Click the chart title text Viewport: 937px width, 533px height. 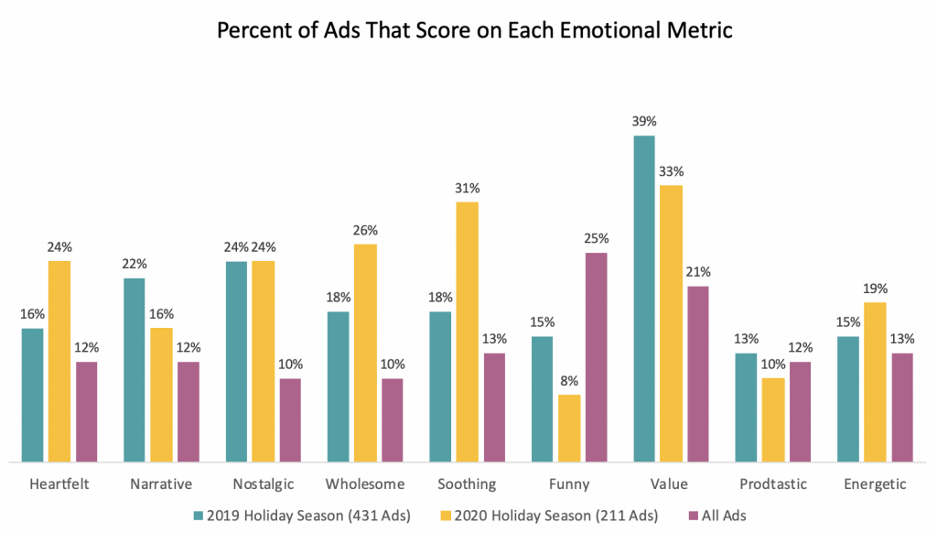pyautogui.click(x=475, y=29)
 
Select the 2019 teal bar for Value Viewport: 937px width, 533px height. pyautogui.click(x=643, y=299)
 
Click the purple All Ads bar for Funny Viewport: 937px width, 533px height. pyautogui.click(x=596, y=357)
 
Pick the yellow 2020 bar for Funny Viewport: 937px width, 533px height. pyautogui.click(x=569, y=428)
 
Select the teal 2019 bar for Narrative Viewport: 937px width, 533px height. pyautogui.click(x=134, y=370)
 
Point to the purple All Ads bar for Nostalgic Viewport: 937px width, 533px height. pyautogui.click(x=290, y=420)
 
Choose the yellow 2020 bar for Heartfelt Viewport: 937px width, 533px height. pyautogui.click(x=59, y=361)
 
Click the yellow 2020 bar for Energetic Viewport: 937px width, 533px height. pyautogui.click(x=875, y=382)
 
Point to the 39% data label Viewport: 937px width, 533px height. pyautogui.click(x=643, y=122)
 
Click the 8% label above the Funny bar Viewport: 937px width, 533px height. pyautogui.click(x=569, y=381)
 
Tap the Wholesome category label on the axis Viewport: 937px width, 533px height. pyautogui.click(x=365, y=484)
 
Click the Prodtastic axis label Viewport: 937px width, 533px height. pyautogui.click(x=772, y=484)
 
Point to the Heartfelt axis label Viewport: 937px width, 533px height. pyautogui.click(x=59, y=484)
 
